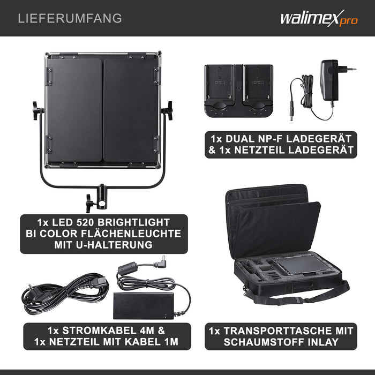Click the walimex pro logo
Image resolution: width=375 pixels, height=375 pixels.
pyautogui.click(x=319, y=18)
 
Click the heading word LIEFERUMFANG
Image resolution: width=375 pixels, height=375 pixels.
pyautogui.click(x=70, y=18)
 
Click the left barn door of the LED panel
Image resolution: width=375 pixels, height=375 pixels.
pyautogui.click(x=75, y=110)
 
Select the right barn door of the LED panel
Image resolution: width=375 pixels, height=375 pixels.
pyautogui.click(x=131, y=110)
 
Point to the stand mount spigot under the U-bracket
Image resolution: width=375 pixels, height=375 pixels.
pyautogui.click(x=102, y=197)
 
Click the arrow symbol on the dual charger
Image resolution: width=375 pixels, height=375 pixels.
pyautogui.click(x=239, y=87)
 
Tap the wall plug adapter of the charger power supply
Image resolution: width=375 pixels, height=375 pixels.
pyautogui.click(x=333, y=80)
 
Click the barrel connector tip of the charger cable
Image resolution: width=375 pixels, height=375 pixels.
pyautogui.click(x=292, y=112)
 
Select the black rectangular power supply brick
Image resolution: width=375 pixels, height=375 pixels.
pyautogui.click(x=144, y=305)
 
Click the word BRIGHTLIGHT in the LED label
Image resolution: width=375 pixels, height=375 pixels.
pyautogui.click(x=133, y=222)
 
